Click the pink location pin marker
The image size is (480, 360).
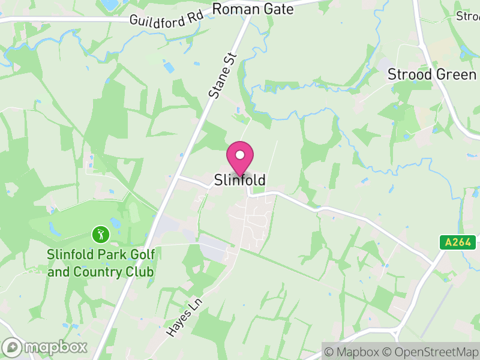pos(240,159)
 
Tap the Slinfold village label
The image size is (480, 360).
pos(240,180)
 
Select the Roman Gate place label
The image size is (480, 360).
pos(253,10)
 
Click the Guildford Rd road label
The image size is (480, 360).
pos(166,17)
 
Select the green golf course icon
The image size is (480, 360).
pos(100,233)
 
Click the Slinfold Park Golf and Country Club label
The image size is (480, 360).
pos(101,263)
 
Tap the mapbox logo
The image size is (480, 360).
pos(46,347)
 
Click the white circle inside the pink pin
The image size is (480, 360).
pos(240,155)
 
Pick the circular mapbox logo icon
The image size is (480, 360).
pos(13,347)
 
